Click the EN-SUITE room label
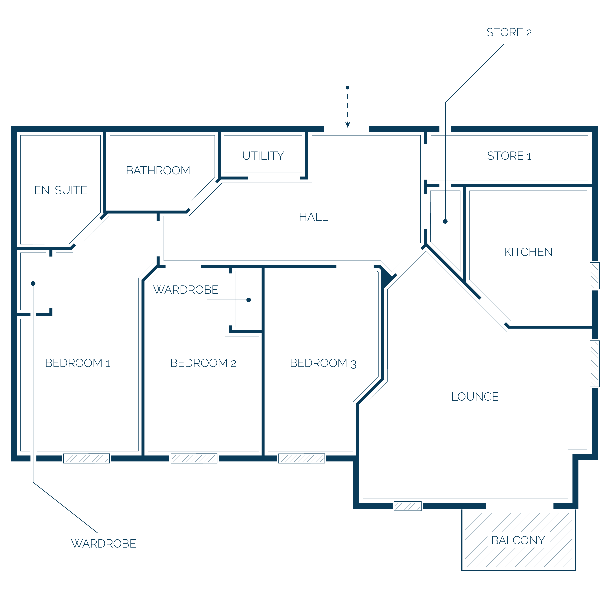(60, 190)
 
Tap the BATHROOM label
(158, 170)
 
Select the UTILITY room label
(263, 155)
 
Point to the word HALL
(314, 217)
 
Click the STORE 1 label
(509, 155)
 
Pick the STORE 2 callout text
(509, 32)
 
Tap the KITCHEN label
(528, 252)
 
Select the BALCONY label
(518, 540)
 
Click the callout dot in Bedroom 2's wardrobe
(249, 300)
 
